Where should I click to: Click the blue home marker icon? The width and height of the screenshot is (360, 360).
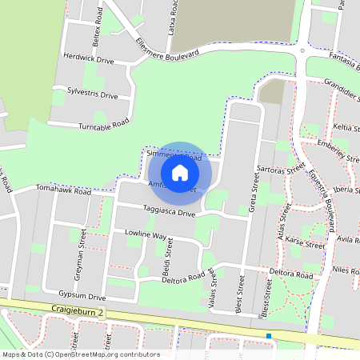180,173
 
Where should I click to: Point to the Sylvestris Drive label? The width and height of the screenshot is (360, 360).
93,94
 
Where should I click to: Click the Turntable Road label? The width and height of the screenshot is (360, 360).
104,125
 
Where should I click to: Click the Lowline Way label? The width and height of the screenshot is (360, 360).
146,237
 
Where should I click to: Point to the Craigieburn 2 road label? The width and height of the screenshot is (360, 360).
74,309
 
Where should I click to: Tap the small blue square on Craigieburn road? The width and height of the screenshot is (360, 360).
270,336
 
